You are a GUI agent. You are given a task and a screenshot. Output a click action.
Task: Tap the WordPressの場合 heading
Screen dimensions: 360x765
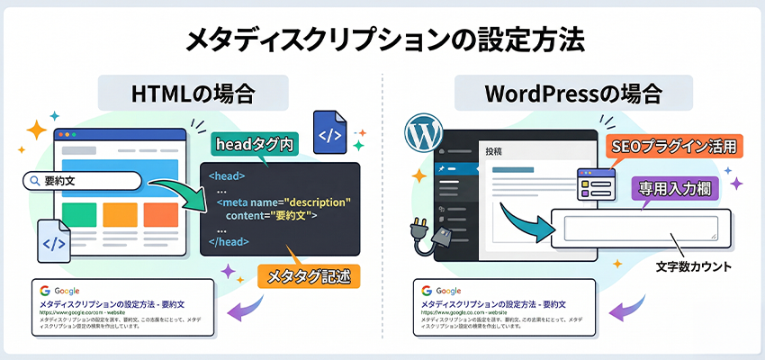point(573,93)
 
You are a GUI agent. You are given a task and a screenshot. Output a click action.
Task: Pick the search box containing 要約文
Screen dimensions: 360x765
point(83,182)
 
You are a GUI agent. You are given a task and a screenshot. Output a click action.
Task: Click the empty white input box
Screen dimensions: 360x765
point(641,229)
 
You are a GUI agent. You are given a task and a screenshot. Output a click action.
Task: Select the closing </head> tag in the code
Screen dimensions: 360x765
point(229,241)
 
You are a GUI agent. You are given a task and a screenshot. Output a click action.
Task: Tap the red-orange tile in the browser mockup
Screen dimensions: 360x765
point(160,214)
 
